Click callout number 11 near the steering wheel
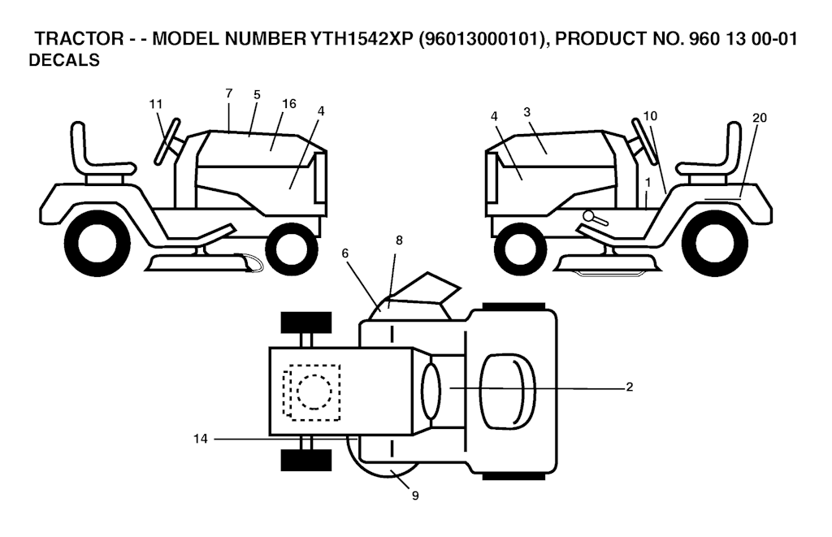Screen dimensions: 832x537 click(155, 104)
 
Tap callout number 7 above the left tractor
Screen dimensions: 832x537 click(228, 93)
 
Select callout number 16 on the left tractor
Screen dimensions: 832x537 click(289, 103)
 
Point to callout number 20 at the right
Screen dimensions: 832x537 click(760, 118)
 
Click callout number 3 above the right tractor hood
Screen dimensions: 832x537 click(526, 112)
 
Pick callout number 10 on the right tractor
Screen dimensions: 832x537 click(650, 115)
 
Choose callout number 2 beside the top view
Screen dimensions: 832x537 click(630, 387)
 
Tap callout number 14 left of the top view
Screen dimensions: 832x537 click(201, 439)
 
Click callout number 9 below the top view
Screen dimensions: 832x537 click(415, 496)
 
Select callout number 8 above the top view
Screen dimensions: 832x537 click(399, 240)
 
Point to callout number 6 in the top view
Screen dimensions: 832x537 click(344, 253)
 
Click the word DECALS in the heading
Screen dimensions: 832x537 click(64, 60)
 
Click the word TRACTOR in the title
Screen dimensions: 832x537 click(79, 39)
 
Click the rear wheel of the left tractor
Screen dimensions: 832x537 click(97, 244)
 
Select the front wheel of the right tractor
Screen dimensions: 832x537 click(520, 245)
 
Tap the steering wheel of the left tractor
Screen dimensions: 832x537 click(167, 141)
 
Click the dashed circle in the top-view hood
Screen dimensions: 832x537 click(314, 392)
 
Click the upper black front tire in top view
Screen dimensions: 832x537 click(306, 323)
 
